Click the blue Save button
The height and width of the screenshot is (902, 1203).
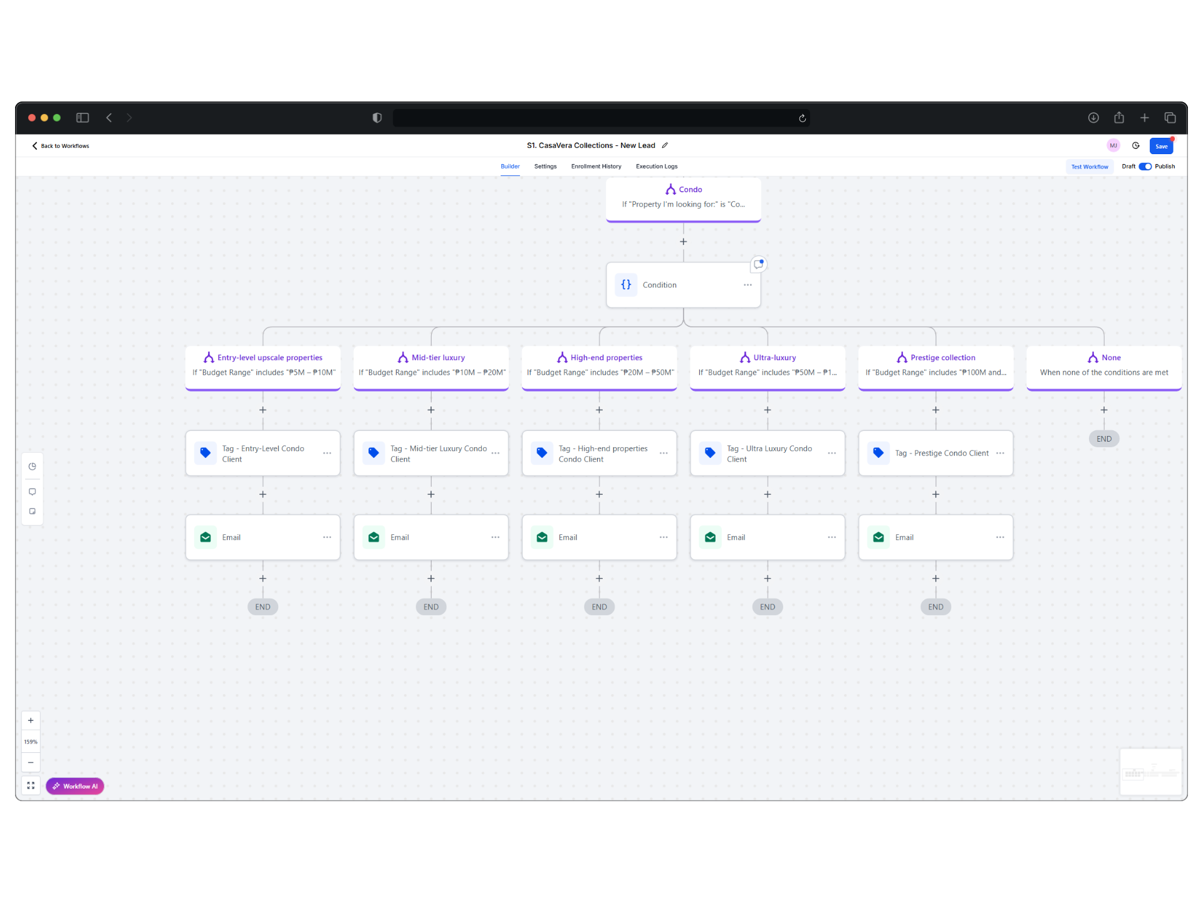[x=1161, y=146]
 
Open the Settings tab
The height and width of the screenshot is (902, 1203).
[x=545, y=167]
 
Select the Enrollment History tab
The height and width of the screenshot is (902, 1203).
[x=596, y=167]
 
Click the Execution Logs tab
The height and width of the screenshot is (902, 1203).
[x=657, y=167]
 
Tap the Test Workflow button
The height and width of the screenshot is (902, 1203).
[x=1090, y=167]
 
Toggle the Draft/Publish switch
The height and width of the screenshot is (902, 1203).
[x=1145, y=167]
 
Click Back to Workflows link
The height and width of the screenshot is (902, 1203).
[x=61, y=146]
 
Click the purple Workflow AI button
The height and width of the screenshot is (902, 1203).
[x=75, y=786]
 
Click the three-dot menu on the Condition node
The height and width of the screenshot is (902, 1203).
[x=747, y=285]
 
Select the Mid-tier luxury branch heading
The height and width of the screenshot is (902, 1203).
[x=438, y=358]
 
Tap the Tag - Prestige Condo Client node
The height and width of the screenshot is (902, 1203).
[x=935, y=453]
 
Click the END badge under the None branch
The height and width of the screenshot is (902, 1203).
[x=1104, y=439]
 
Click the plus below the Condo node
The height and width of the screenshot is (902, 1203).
[x=684, y=242]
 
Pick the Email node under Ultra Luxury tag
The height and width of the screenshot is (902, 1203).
[x=768, y=537]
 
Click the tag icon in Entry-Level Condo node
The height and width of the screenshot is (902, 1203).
[x=206, y=453]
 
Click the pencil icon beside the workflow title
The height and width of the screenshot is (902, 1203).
[x=665, y=145]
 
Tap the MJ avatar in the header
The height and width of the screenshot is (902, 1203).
[x=1113, y=145]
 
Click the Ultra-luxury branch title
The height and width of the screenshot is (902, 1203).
[x=774, y=358]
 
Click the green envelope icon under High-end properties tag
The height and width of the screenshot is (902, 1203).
[x=542, y=537]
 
